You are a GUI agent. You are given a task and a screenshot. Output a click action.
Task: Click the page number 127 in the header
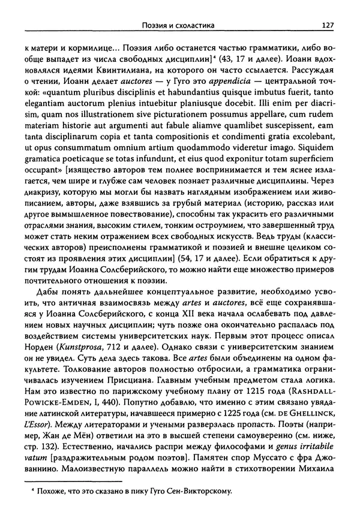[x=328, y=25]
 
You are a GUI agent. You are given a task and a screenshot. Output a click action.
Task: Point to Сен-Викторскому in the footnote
[x=196, y=509]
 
